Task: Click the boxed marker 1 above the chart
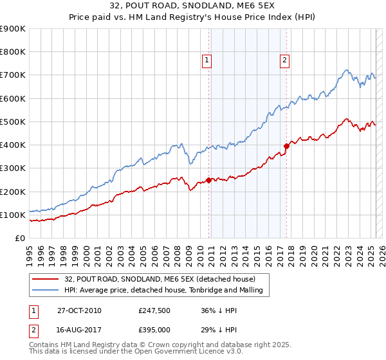(207, 60)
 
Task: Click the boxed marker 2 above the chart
(284, 60)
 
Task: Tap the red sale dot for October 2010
(209, 180)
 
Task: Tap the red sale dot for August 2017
(286, 146)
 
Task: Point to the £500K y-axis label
(12, 122)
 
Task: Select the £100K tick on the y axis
(12, 215)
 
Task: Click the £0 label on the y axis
(19, 238)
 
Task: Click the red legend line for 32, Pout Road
(45, 279)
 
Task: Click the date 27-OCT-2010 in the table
(79, 310)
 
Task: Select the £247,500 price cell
(153, 310)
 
